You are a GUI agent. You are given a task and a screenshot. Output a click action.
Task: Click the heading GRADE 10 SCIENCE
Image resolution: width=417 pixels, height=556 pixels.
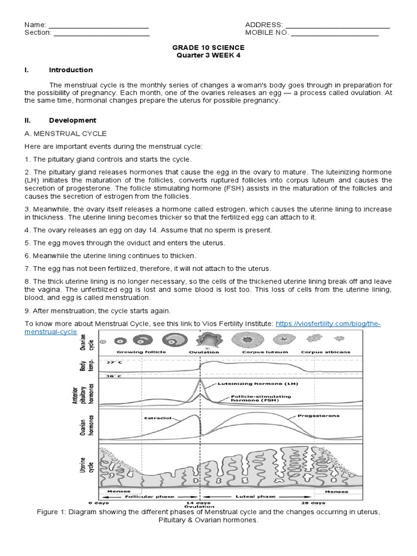click(x=208, y=48)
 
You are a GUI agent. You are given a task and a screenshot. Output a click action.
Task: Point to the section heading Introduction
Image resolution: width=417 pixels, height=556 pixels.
click(x=71, y=70)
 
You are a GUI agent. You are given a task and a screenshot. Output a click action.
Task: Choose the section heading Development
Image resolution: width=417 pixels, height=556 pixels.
click(x=72, y=121)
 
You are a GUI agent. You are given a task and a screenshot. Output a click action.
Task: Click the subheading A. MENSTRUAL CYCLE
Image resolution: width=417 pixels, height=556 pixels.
click(x=66, y=134)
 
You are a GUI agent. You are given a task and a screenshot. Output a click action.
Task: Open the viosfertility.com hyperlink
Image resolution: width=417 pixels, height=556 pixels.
click(x=328, y=324)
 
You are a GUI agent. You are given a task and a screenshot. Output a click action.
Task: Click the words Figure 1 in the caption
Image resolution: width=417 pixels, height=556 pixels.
click(x=51, y=511)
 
